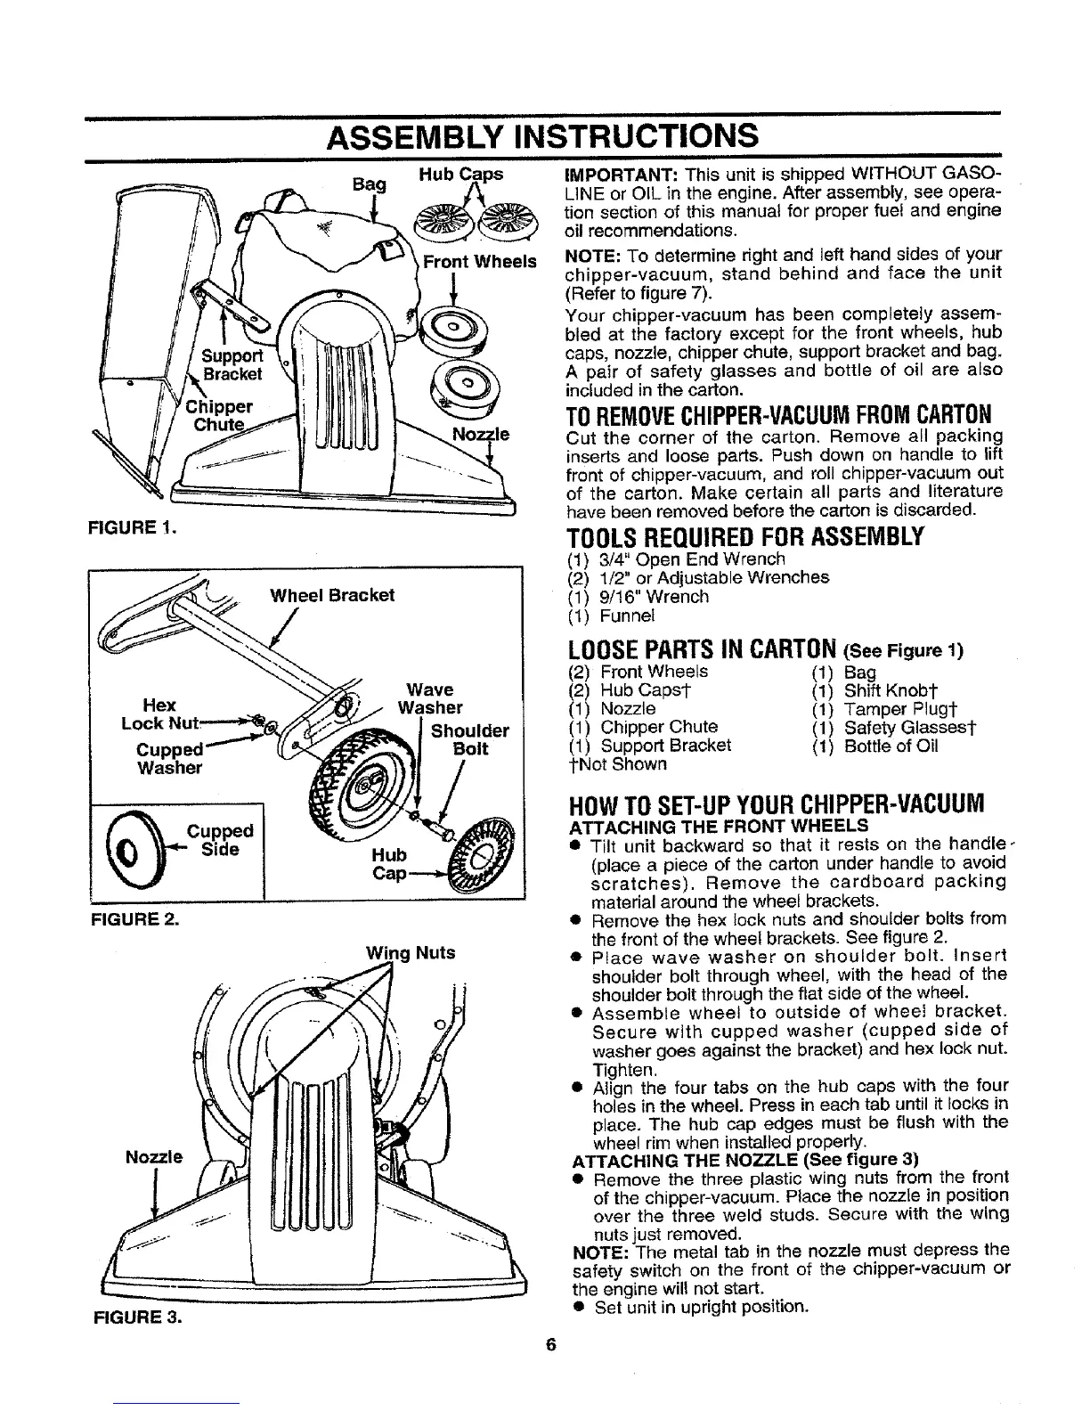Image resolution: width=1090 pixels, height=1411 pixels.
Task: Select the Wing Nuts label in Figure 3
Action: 411,952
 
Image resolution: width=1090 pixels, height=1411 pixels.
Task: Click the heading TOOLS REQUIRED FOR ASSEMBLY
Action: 744,536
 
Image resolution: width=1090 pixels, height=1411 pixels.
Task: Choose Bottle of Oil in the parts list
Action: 891,746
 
